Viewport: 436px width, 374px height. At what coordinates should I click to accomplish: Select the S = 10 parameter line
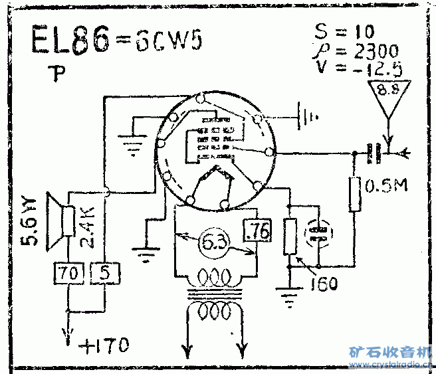(344, 32)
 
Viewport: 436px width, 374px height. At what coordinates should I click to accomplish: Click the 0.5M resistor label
(387, 187)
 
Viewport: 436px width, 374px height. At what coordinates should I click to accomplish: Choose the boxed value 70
(67, 272)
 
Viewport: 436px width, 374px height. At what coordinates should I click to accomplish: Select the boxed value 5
(103, 272)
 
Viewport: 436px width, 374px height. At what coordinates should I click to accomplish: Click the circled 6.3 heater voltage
(214, 243)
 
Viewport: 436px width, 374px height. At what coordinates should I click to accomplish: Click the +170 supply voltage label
(105, 345)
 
